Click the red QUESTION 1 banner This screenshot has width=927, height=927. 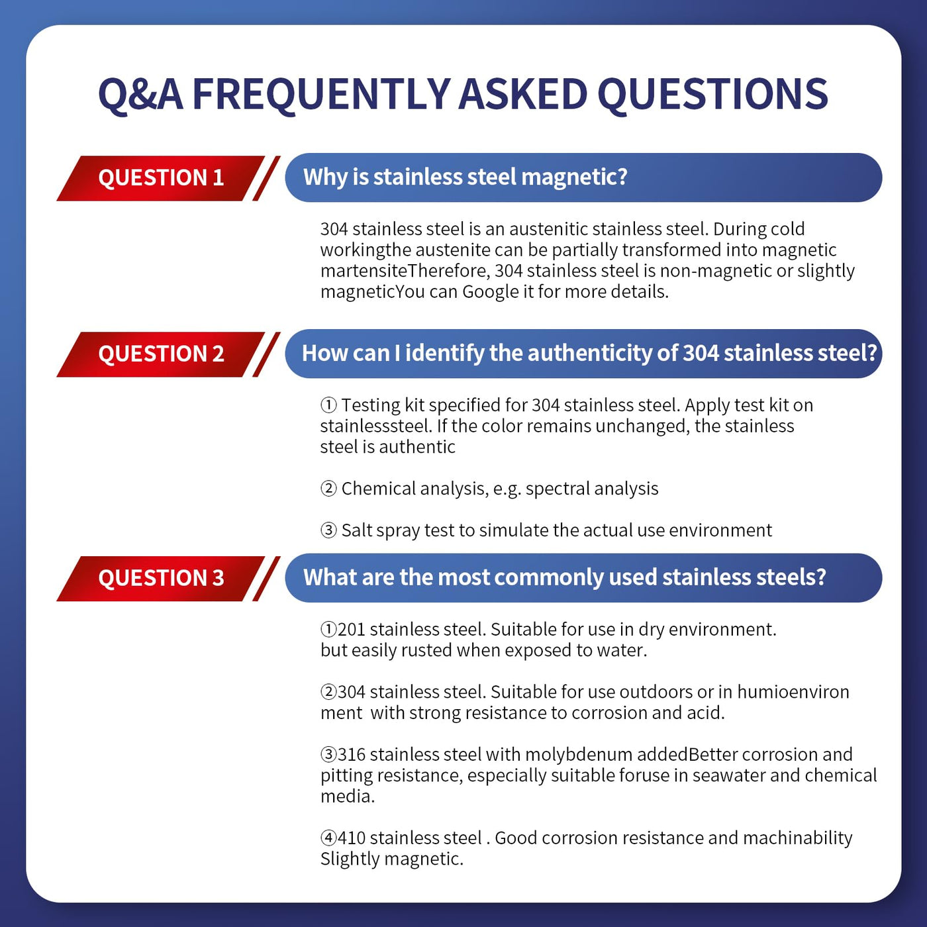click(x=161, y=178)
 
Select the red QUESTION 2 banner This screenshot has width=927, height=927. click(x=161, y=354)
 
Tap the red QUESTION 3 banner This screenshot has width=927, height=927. click(x=161, y=578)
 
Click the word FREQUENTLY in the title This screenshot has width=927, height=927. click(x=321, y=94)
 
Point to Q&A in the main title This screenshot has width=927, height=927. click(x=140, y=95)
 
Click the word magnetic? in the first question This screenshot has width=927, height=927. click(x=574, y=177)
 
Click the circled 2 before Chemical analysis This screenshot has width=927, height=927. click(x=328, y=489)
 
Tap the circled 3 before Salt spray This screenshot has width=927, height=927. click(x=328, y=530)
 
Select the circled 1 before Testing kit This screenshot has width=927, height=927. click(x=328, y=405)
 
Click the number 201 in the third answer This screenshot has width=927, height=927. click(x=351, y=629)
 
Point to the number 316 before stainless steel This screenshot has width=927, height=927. click(x=351, y=754)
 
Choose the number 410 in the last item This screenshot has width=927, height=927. click(x=351, y=838)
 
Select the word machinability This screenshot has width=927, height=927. click(x=798, y=838)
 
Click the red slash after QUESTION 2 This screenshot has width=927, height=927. click(x=266, y=354)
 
